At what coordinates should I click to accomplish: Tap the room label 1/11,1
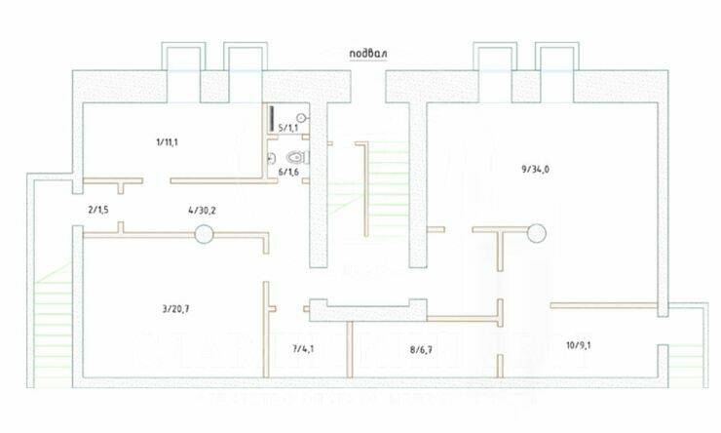166,142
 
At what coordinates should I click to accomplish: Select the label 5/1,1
287,128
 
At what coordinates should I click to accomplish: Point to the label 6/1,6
287,172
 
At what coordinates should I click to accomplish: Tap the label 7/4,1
304,346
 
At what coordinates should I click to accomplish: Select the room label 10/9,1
580,344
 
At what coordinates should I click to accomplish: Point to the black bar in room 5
271,120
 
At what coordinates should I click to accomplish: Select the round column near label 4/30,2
204,233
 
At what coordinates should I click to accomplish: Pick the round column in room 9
536,231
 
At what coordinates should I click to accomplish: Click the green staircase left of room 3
51,312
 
